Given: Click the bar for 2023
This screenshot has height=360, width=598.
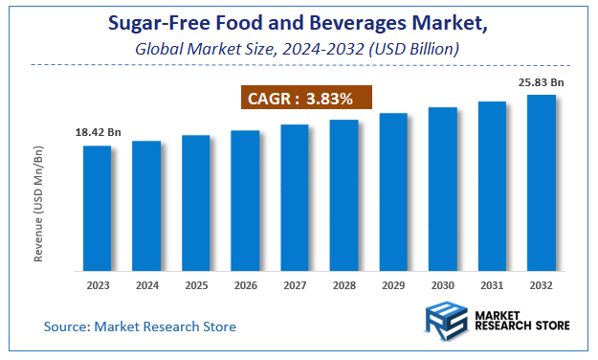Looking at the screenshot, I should pyautogui.click(x=97, y=208).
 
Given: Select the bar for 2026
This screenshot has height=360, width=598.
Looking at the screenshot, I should pyautogui.click(x=245, y=200).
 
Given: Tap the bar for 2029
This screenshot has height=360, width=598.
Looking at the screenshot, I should pyautogui.click(x=393, y=191).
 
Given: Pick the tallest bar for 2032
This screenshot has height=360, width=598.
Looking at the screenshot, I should pyautogui.click(x=542, y=182).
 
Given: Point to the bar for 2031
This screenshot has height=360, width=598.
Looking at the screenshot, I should pyautogui.click(x=492, y=186).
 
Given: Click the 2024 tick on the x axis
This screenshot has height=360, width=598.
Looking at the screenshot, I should pyautogui.click(x=146, y=285).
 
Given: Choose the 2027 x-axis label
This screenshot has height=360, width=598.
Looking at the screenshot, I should pyautogui.click(x=295, y=285).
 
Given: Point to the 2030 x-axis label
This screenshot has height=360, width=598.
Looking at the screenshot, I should pyautogui.click(x=442, y=285).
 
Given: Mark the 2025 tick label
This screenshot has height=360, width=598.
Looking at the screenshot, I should pyautogui.click(x=196, y=285).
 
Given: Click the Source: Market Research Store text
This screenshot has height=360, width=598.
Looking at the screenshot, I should pyautogui.click(x=140, y=326).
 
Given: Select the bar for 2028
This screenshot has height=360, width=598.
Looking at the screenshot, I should pyautogui.click(x=343, y=195).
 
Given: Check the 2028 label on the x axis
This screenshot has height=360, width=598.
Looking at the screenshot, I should pyautogui.click(x=343, y=285).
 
